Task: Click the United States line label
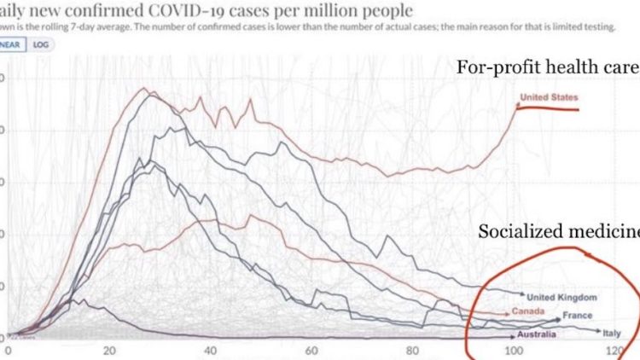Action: (549, 98)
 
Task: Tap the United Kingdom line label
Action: (561, 297)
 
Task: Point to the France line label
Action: (578, 316)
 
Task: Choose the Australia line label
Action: (534, 335)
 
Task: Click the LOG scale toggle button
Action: (40, 44)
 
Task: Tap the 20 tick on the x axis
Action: (108, 351)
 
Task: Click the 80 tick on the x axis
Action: (411, 351)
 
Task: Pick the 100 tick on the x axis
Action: (512, 351)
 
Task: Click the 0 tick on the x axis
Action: (9, 351)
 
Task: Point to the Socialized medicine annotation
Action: (558, 231)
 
